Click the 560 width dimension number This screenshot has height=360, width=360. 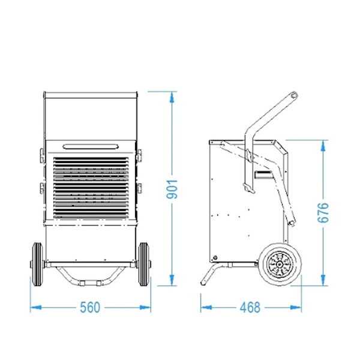[x=90, y=307]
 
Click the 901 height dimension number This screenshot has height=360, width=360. [x=172, y=189]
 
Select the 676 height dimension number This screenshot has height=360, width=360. [x=323, y=212]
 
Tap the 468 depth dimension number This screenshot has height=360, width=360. [x=250, y=307]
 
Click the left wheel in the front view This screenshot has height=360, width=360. [x=38, y=264]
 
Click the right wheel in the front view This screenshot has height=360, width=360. [x=144, y=264]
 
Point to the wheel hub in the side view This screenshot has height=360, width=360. [x=280, y=265]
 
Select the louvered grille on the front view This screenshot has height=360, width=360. [x=91, y=188]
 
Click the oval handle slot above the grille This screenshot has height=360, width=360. [x=91, y=146]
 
